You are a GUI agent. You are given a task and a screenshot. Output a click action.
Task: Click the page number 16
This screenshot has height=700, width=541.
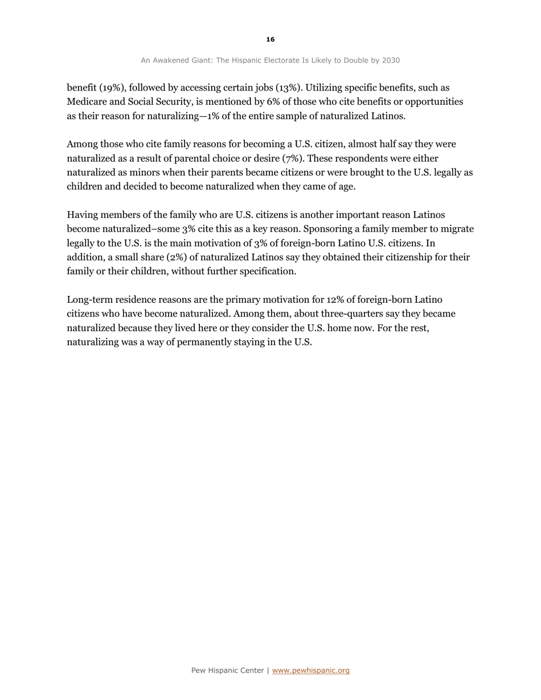[x=270, y=39]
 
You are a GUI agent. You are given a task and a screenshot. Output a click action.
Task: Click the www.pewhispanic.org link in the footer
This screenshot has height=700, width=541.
[x=311, y=670]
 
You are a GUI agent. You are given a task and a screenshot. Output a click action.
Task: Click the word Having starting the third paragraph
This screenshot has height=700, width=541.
[x=83, y=215]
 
